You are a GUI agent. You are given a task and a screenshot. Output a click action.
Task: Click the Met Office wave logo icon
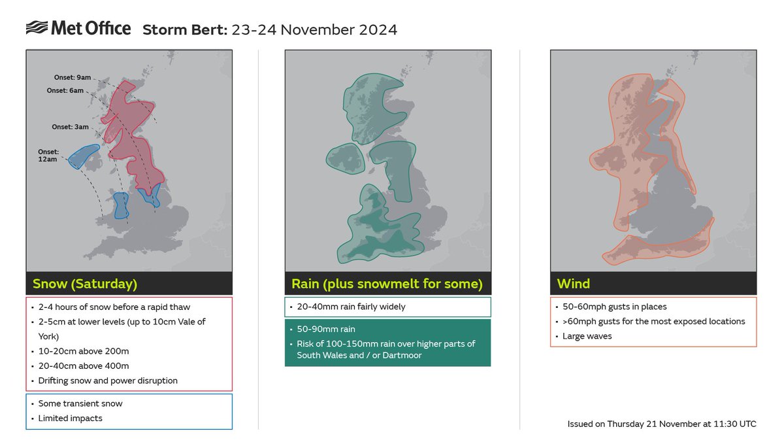[36, 28]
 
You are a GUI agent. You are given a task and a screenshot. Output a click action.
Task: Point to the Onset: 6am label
[65, 91]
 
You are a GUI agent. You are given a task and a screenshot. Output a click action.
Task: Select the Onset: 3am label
[70, 127]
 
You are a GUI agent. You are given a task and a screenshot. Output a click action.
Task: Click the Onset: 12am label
[47, 156]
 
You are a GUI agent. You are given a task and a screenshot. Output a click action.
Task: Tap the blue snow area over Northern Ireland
[84, 156]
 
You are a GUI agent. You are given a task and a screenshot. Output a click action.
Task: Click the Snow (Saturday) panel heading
[85, 284]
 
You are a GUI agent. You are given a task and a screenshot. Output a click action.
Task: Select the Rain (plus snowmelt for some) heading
[387, 284]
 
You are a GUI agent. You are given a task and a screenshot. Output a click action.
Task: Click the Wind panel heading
[573, 284]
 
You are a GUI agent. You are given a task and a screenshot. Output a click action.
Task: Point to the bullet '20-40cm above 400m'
[83, 366]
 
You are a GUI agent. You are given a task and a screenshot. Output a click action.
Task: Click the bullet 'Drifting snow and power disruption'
[108, 381]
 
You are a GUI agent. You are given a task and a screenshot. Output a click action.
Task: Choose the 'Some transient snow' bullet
[80, 403]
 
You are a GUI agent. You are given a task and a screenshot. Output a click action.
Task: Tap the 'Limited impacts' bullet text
[71, 418]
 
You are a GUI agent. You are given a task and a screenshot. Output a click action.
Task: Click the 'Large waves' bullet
[587, 336]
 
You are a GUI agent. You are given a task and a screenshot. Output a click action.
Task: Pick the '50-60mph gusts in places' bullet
[615, 307]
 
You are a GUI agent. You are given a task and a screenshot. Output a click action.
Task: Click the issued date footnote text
[662, 424]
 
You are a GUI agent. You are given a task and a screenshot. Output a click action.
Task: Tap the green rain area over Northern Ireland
[345, 160]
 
